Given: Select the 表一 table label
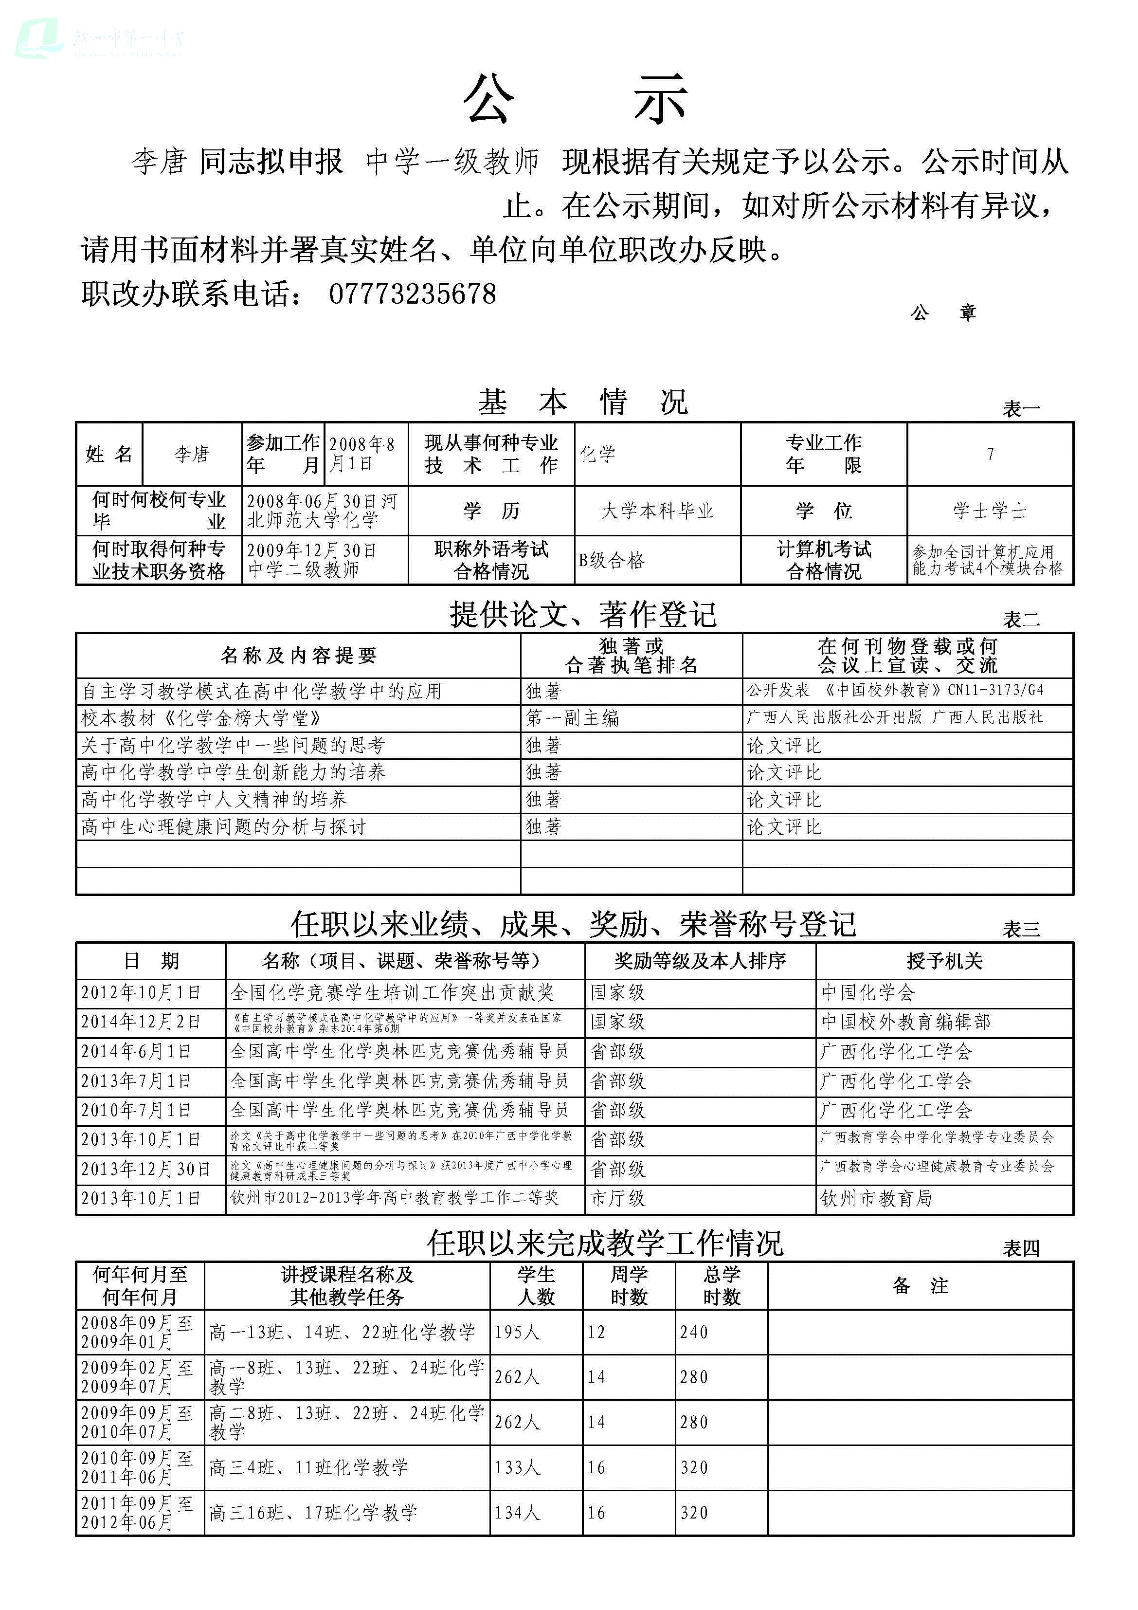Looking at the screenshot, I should (1021, 409).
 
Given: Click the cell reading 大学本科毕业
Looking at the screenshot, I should (657, 511).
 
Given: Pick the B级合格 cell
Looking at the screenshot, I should (612, 560).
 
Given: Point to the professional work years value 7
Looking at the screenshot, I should (990, 455).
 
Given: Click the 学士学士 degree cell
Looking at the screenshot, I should (989, 511).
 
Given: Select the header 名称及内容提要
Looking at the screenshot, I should (299, 656).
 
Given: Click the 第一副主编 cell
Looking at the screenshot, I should (572, 718).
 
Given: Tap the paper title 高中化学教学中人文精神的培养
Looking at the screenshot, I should (214, 799).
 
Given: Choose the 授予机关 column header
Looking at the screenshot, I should (944, 961).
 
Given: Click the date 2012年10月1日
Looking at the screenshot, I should (141, 992).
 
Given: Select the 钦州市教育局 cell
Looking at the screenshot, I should (876, 1198).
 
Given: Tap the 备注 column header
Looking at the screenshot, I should (921, 1285).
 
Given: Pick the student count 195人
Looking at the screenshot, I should (518, 1332).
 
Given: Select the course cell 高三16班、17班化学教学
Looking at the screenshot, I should (313, 1513).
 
